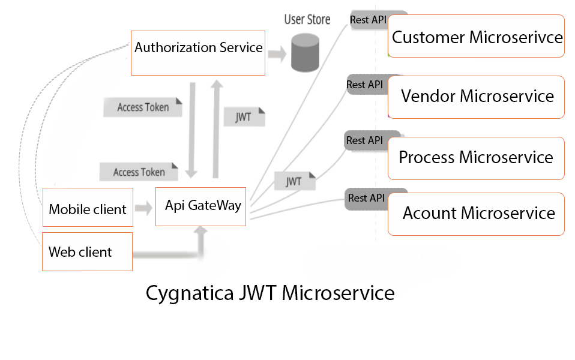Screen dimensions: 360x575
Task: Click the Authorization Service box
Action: [x=198, y=53]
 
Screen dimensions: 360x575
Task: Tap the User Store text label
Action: [x=307, y=20]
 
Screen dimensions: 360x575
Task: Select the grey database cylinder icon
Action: [x=305, y=53]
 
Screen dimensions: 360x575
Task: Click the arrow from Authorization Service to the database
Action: [x=277, y=54]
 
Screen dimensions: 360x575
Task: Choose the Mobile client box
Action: [x=88, y=209]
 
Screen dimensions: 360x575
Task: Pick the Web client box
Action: [x=87, y=251]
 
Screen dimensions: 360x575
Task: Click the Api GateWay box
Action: [x=200, y=206]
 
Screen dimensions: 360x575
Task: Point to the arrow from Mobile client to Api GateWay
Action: [x=143, y=209]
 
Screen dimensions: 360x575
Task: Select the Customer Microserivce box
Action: [x=477, y=37]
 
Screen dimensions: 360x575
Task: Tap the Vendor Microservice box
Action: [x=477, y=97]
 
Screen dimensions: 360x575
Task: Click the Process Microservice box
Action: [x=477, y=158]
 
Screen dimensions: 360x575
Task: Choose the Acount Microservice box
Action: [x=477, y=214]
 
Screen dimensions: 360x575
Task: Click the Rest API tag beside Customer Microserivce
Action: [x=369, y=20]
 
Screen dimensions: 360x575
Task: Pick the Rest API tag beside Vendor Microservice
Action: [x=365, y=85]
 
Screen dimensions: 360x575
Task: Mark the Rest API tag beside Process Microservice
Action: [x=365, y=140]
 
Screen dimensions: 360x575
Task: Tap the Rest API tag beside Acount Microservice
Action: [x=366, y=198]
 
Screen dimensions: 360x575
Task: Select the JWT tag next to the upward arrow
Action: [x=244, y=116]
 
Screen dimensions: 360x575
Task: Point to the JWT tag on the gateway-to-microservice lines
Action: [x=294, y=181]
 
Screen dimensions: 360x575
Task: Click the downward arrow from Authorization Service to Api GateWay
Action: [x=191, y=131]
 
